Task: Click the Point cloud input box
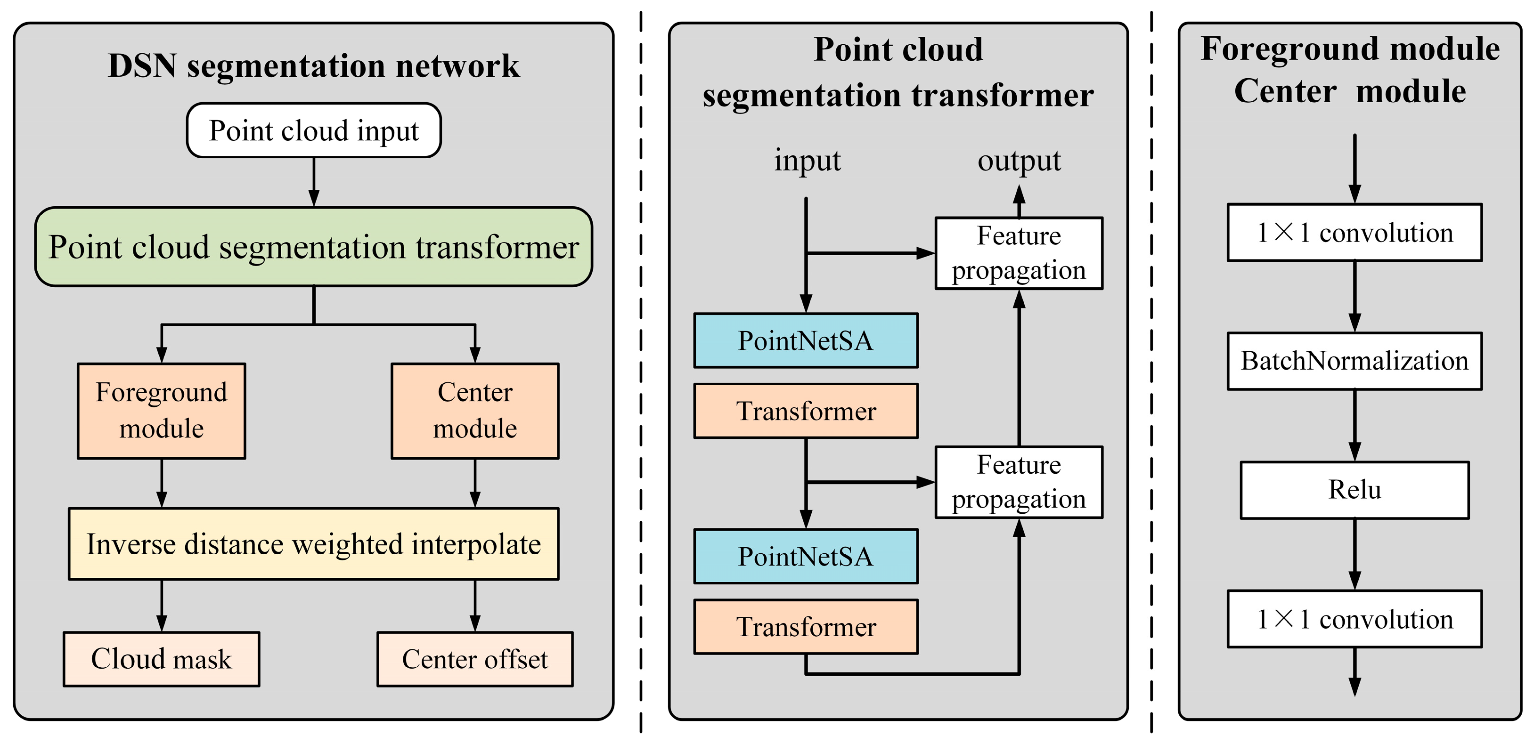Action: click(x=314, y=130)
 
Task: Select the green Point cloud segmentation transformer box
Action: click(x=314, y=247)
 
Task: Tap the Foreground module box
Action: click(x=162, y=411)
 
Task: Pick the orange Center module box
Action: click(x=474, y=411)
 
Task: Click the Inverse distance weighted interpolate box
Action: click(x=314, y=543)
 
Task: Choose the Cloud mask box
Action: click(x=162, y=659)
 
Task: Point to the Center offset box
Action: click(x=474, y=659)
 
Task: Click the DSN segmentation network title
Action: click(x=314, y=65)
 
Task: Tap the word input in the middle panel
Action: click(x=807, y=161)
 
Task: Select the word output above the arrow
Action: click(x=1019, y=161)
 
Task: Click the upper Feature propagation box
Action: click(x=1019, y=253)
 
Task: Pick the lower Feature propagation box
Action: click(x=1019, y=482)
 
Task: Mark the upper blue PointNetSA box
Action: click(x=806, y=340)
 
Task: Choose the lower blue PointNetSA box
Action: click(x=806, y=556)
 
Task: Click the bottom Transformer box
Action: click(x=806, y=627)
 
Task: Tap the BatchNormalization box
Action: click(x=1355, y=361)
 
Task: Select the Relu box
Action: click(x=1355, y=490)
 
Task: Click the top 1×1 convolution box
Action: click(x=1355, y=233)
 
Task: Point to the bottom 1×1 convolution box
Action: click(x=1355, y=619)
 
